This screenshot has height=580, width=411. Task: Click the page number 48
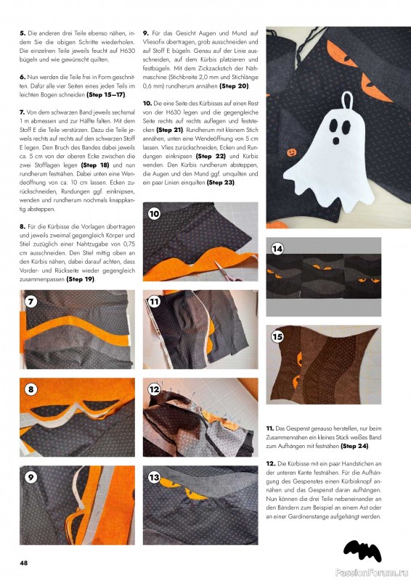(x=23, y=563)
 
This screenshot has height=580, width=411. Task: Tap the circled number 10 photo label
(x=154, y=214)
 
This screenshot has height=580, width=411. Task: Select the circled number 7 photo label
(x=30, y=302)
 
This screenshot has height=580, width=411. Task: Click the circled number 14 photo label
(x=277, y=249)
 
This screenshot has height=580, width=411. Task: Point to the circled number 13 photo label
(x=154, y=477)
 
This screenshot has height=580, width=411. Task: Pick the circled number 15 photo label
(x=277, y=336)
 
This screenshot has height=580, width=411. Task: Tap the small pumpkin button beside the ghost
(x=291, y=152)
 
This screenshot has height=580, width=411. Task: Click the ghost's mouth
(x=336, y=141)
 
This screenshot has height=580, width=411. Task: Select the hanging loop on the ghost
(x=347, y=100)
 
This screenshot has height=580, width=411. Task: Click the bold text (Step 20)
(x=235, y=86)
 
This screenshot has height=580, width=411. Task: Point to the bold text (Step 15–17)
(x=106, y=95)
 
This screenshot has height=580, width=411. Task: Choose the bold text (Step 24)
(x=355, y=446)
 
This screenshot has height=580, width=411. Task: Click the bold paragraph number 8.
(x=23, y=227)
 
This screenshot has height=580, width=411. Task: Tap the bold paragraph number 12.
(x=271, y=464)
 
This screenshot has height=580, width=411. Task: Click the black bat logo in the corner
(x=362, y=550)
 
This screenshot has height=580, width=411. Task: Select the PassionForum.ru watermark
(x=372, y=573)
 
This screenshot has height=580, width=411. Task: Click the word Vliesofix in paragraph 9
(x=154, y=42)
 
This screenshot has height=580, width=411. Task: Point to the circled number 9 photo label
(x=30, y=477)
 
